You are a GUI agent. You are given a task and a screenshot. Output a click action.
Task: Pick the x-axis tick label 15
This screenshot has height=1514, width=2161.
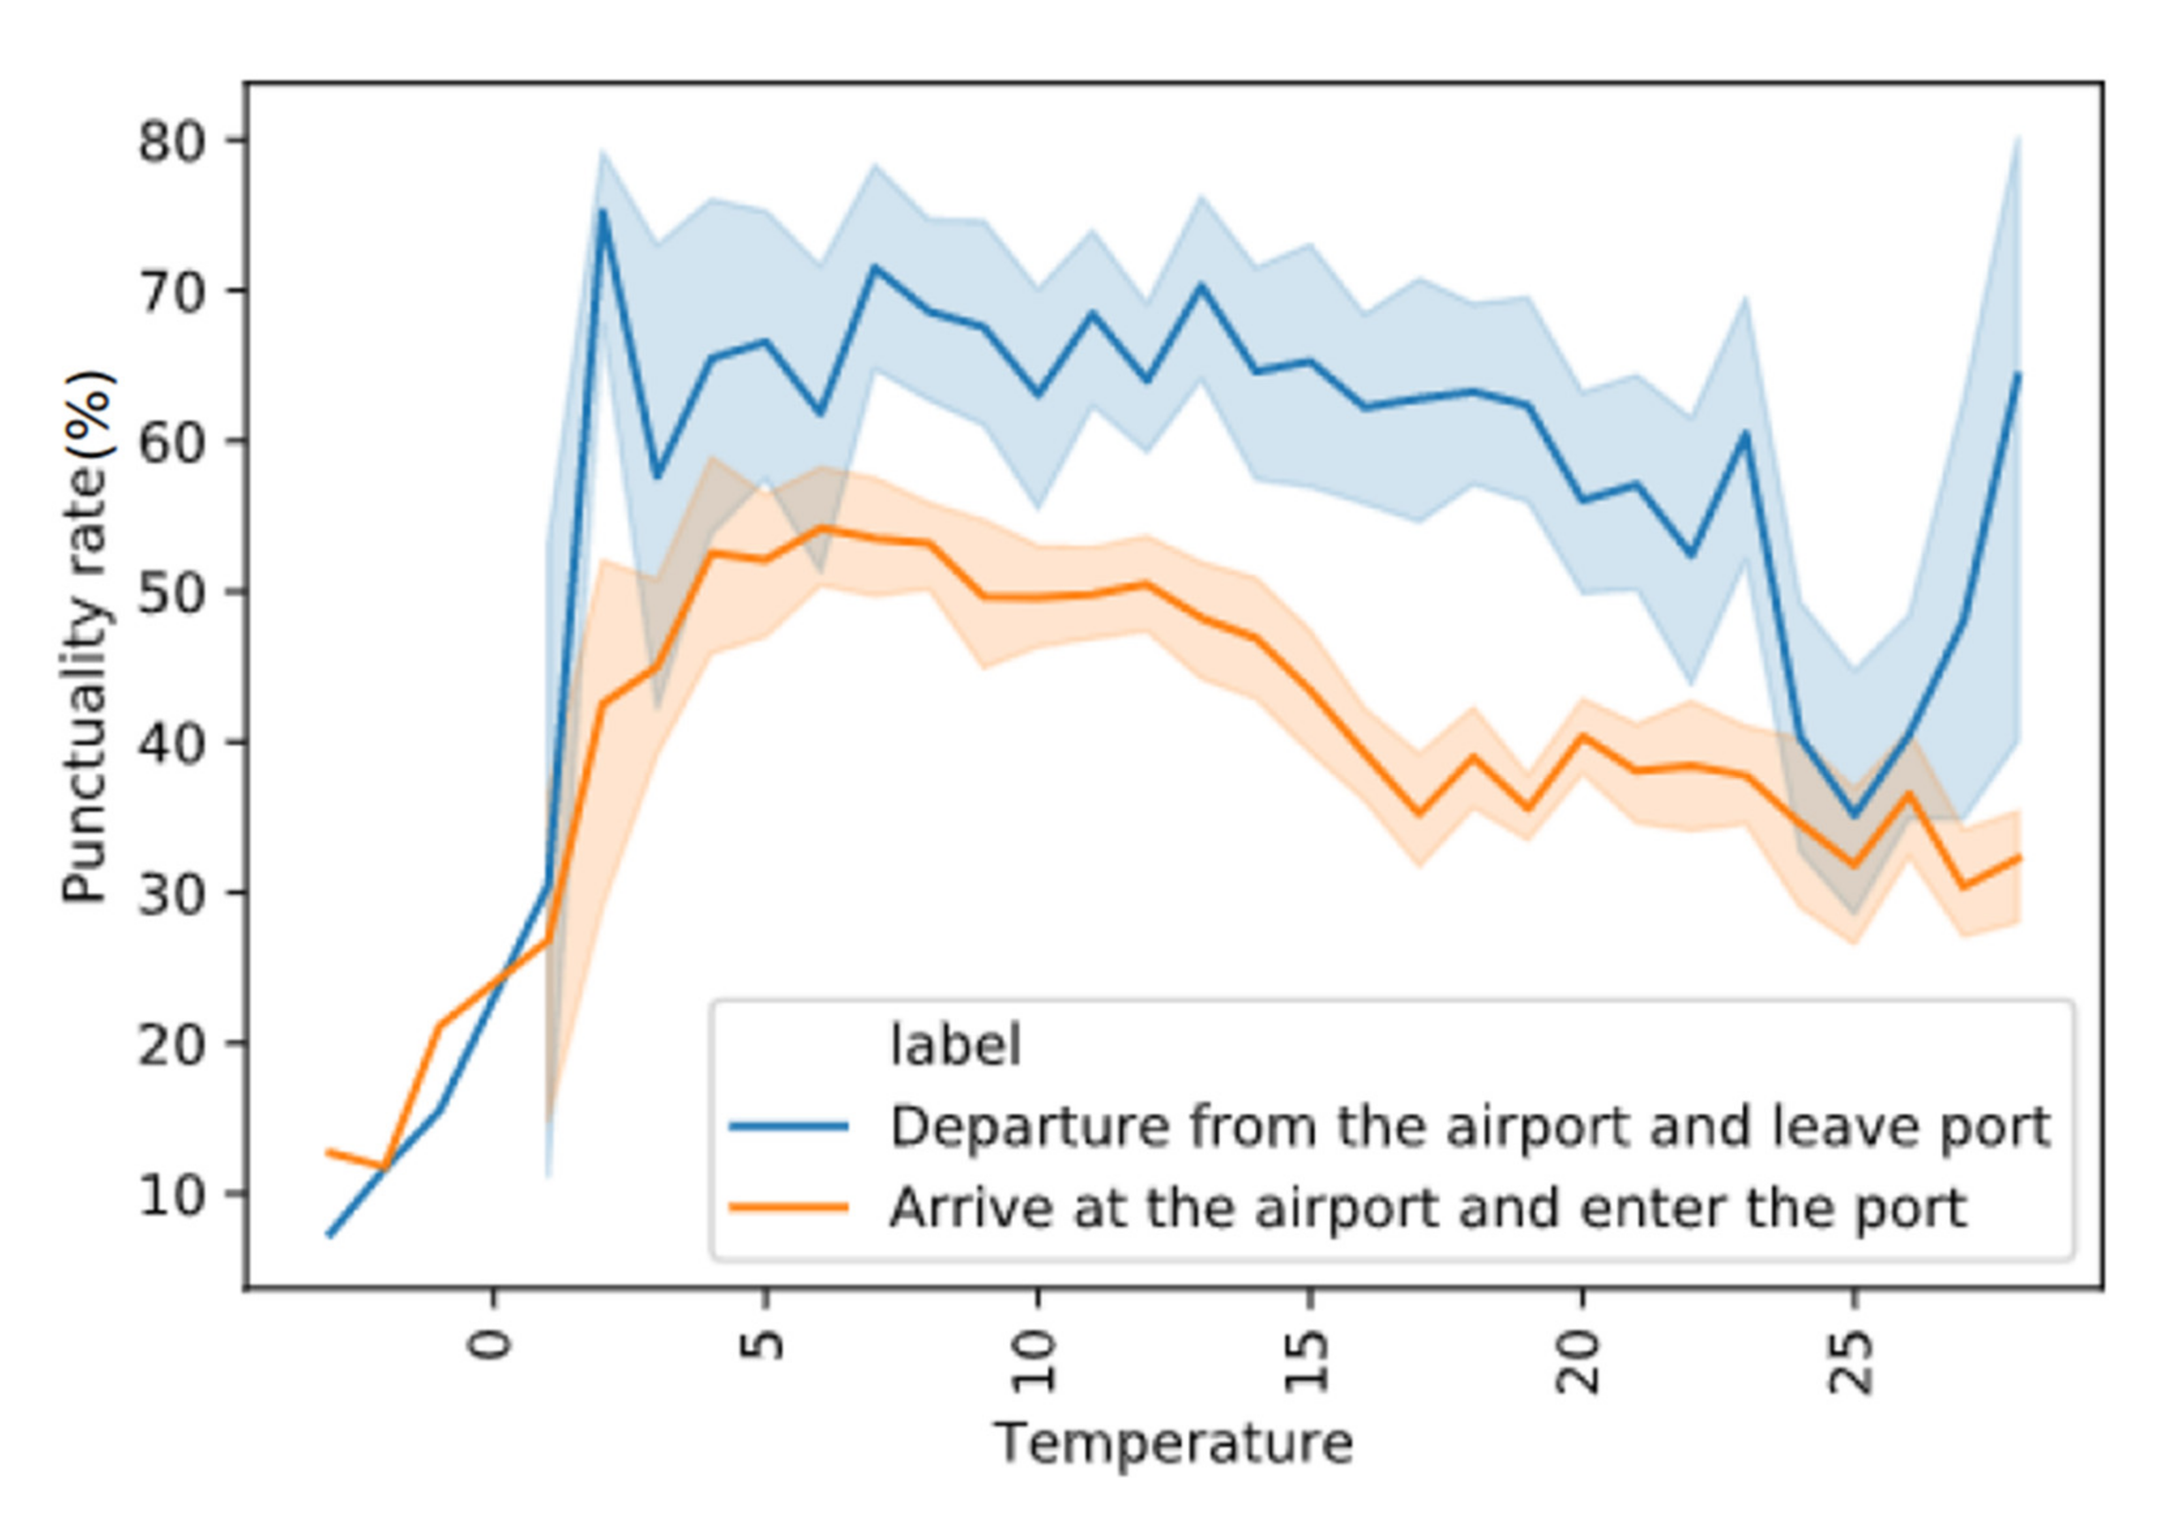tap(1307, 1361)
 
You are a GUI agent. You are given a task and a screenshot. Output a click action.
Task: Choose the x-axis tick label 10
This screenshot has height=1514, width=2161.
tap(1035, 1361)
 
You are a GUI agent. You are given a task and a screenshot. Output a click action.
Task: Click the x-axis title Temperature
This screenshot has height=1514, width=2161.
tap(1173, 1444)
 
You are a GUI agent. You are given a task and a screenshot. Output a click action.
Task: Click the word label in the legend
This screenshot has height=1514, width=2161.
tap(954, 1046)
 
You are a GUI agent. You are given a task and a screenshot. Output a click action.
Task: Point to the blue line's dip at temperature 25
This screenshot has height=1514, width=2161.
tap(1853, 815)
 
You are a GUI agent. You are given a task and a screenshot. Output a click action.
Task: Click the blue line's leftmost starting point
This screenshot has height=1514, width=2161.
tap(328, 1235)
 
